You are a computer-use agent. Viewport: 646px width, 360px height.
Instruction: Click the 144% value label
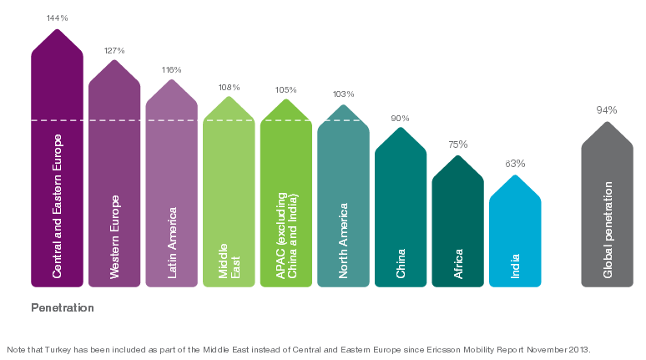tap(57, 17)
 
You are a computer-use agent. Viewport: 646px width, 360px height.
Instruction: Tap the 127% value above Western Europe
tap(114, 50)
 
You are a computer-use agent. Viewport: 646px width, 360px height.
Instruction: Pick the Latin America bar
tap(171, 192)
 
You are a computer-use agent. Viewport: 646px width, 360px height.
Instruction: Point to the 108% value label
tap(229, 87)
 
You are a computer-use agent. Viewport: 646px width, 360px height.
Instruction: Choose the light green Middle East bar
tap(229, 200)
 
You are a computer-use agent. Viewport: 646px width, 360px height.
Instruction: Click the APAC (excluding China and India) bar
tap(285, 200)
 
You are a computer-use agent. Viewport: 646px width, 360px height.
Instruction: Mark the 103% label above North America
tap(343, 94)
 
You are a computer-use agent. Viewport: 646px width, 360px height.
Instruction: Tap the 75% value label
tap(458, 145)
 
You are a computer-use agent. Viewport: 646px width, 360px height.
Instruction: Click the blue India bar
tap(515, 234)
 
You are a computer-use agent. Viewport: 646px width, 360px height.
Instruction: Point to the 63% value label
tap(515, 164)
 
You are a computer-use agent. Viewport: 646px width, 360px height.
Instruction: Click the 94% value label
tap(607, 110)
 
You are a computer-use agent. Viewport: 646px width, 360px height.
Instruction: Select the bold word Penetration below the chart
tap(63, 307)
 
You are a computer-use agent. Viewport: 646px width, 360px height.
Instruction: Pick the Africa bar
tap(458, 226)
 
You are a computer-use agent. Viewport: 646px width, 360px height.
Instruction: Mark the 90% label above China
tap(401, 119)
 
